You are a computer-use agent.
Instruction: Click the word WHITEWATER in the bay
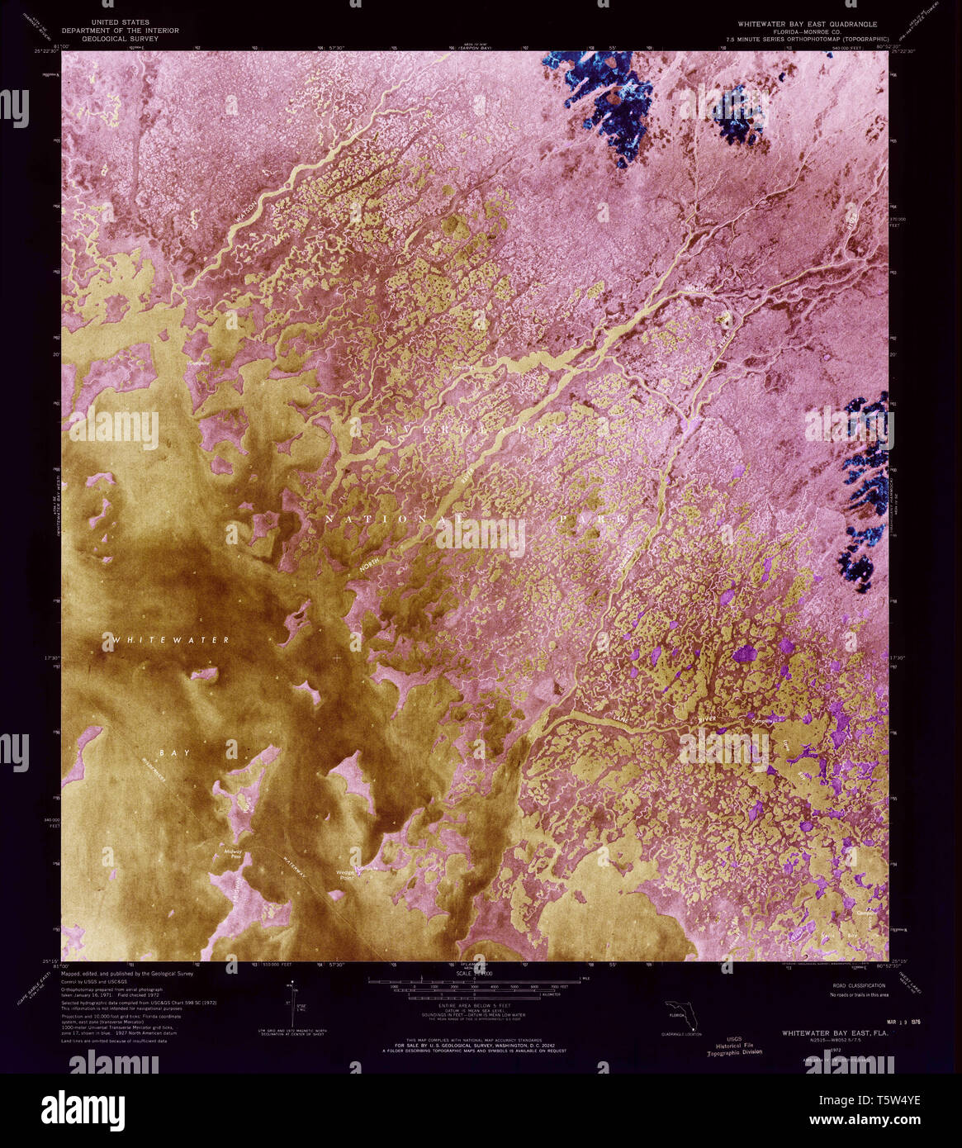click(x=171, y=640)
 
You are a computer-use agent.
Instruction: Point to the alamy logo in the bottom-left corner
click(x=88, y=1106)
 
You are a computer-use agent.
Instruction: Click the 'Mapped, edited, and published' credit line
click(x=127, y=974)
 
